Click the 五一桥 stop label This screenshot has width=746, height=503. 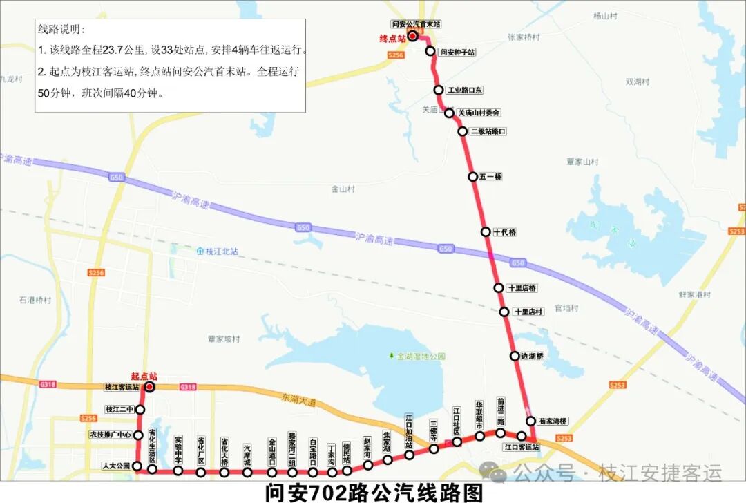[x=490, y=177]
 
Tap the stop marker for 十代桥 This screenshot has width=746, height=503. [x=486, y=232]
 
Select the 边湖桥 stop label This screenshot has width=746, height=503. [x=532, y=357]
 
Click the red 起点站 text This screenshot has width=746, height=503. [x=144, y=377]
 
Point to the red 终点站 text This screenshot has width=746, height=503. [x=392, y=39]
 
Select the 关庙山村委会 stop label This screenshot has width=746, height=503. [x=479, y=113]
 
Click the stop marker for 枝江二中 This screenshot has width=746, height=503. [x=140, y=410]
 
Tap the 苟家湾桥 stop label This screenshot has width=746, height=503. [x=553, y=421]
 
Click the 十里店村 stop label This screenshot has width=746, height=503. [x=530, y=312]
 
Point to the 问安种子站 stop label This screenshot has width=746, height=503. [x=457, y=52]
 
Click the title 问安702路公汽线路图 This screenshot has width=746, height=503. [x=373, y=493]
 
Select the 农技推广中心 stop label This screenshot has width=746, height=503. [x=111, y=435]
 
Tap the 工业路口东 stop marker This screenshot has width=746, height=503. [x=439, y=90]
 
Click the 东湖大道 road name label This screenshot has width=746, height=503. [x=298, y=399]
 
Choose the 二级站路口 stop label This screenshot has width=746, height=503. [x=488, y=131]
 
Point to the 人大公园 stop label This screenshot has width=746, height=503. [x=115, y=466]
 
